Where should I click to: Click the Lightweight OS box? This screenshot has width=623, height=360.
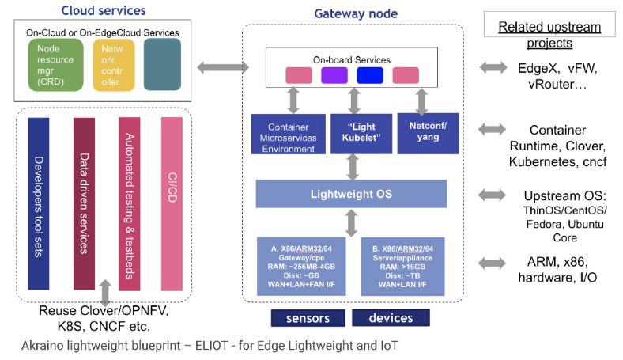click(x=351, y=194)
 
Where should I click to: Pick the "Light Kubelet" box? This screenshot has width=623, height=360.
click(x=352, y=133)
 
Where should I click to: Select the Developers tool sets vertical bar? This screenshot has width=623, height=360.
click(x=39, y=204)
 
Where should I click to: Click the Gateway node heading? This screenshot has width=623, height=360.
click(x=356, y=13)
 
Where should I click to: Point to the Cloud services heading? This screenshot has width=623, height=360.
click(x=100, y=10)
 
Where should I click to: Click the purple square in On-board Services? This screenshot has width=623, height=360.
click(x=334, y=75)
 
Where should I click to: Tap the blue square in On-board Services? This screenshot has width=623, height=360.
click(x=369, y=75)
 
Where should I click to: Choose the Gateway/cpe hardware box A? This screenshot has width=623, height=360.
click(x=300, y=265)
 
